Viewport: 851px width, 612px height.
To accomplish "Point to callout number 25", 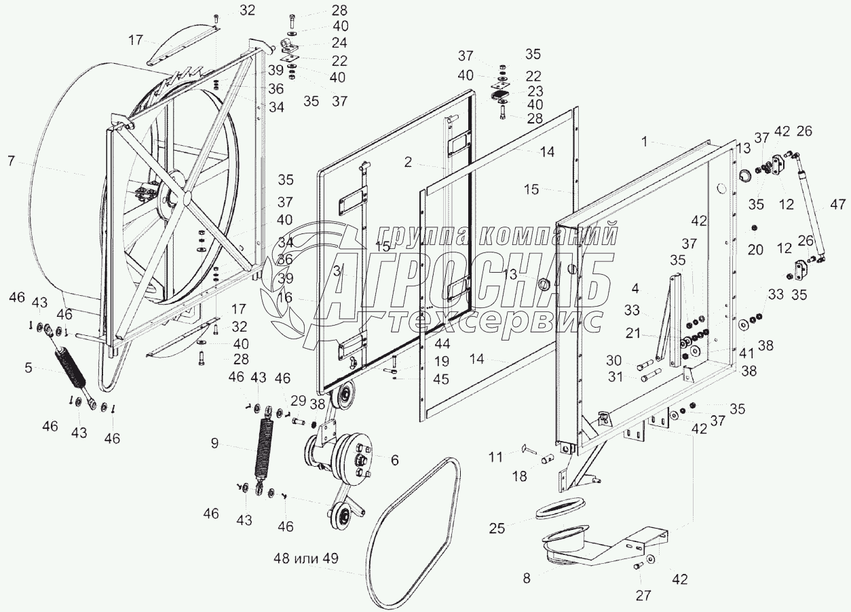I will pos(497,529).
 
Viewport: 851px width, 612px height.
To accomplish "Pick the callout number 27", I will pos(643,596).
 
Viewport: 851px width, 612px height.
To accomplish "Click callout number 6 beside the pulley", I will pos(394,459).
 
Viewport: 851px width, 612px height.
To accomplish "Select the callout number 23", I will pos(535,90).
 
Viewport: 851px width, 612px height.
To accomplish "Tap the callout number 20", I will pos(755,250).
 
